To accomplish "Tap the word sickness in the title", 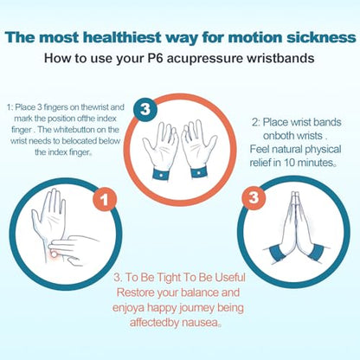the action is (x=321, y=37).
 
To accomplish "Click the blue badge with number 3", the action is (x=145, y=109).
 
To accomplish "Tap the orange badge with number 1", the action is (x=105, y=199).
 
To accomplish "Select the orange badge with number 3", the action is (x=254, y=198).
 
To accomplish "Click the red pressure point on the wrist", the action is (x=54, y=254).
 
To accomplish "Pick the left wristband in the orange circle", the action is (x=160, y=173).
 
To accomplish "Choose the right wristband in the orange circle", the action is (x=198, y=172).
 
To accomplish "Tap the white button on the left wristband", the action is (x=160, y=174).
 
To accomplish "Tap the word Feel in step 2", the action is (x=260, y=149).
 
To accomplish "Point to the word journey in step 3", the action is (x=197, y=308).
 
